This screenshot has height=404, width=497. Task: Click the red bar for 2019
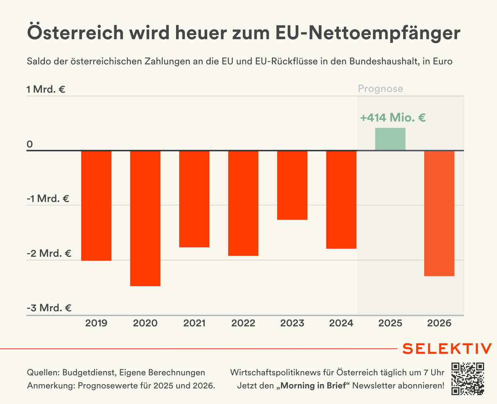coord(96,206)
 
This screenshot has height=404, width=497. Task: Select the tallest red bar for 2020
coord(145,218)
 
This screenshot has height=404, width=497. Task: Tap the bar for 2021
coord(194,199)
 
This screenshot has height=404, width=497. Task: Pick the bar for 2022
coord(243,203)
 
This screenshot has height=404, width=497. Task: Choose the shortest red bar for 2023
coord(292,185)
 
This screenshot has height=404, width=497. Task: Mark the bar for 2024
coord(341,200)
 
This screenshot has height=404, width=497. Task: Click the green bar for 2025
coord(390,139)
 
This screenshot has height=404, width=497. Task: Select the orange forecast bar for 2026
coord(439,213)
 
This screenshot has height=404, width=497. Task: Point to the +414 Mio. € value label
coord(393,118)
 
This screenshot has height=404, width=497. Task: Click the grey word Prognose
coord(380,89)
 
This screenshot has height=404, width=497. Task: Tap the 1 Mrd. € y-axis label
coord(46,89)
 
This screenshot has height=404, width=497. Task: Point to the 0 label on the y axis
coord(29,144)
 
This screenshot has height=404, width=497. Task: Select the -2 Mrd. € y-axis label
coord(49,253)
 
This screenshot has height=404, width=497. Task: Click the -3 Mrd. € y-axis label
coord(49,308)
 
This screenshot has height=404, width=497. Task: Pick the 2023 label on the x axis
coord(292,323)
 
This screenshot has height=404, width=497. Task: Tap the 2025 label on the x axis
coord(390,323)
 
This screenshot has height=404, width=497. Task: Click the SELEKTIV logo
coord(447,348)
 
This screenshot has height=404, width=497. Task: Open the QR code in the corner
coord(468,378)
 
